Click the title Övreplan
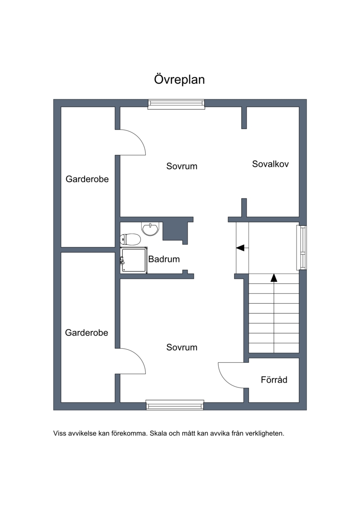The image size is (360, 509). [x=179, y=79]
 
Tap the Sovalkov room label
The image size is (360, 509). [x=270, y=164]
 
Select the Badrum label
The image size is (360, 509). [x=164, y=259]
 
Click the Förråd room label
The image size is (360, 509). [x=274, y=379]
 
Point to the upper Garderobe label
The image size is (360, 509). [x=87, y=179]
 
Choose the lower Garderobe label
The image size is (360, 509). [x=86, y=333]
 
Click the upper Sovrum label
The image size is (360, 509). [x=182, y=166]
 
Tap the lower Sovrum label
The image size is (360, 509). [x=182, y=347]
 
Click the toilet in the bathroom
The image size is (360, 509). [x=130, y=239]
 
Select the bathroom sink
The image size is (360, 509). [x=151, y=229]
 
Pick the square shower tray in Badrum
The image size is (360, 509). [x=134, y=260]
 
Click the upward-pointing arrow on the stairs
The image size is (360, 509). [x=274, y=278]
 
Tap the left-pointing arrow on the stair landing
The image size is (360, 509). [x=240, y=248]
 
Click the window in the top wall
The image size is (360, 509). [x=176, y=104]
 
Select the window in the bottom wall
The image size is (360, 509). [x=175, y=405]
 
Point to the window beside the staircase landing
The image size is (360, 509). [x=301, y=248]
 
